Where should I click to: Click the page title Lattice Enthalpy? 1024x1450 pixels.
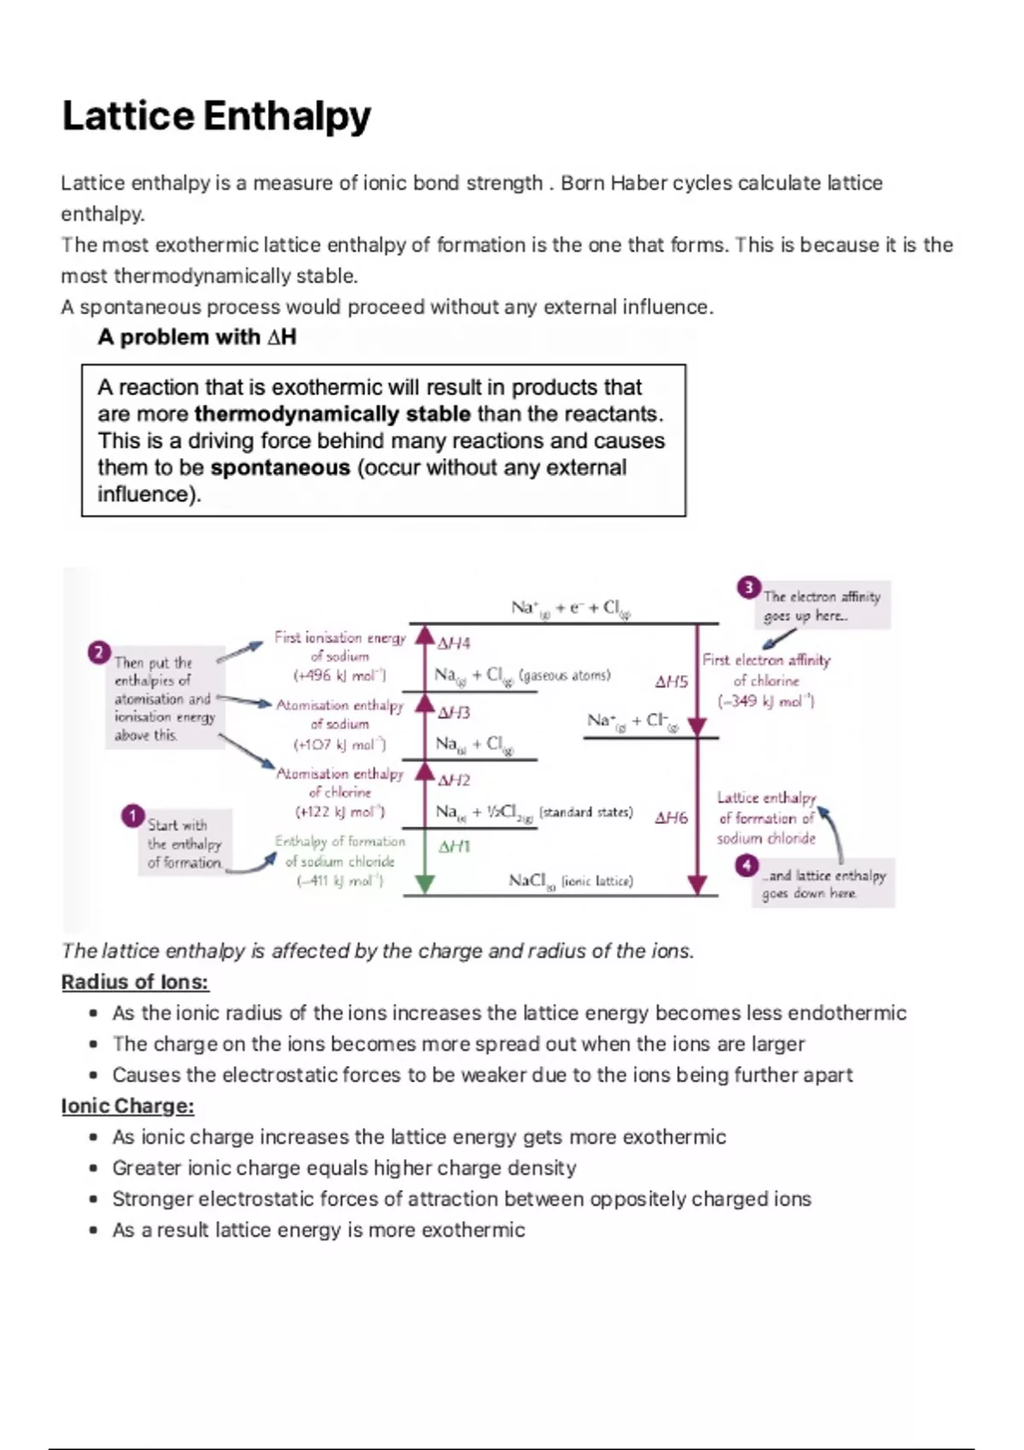coord(217,117)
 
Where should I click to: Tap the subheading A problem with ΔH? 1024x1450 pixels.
coord(197,337)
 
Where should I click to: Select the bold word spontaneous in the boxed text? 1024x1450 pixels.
coord(280,467)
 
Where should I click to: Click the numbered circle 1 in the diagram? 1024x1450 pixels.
coord(132,816)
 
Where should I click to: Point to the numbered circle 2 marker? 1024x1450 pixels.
coord(99,653)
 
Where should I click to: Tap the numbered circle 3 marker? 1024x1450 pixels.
coord(748,587)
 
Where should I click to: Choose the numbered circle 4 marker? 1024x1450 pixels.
coord(747,866)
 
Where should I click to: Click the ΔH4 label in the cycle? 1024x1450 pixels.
coord(453,643)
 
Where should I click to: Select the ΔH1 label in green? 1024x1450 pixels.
coord(454,847)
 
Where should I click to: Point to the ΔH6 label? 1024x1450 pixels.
coord(671,818)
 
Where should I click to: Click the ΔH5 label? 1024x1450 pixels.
coord(671,681)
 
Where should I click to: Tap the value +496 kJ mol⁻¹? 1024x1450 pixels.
coord(340,676)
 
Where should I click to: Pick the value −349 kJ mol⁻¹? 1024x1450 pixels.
coord(766,701)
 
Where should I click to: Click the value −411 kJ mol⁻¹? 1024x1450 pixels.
coord(340,881)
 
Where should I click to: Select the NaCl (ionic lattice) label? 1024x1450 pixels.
coord(570,880)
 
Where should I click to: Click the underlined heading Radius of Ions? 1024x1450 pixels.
coord(135,982)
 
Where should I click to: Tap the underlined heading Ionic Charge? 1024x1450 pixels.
coord(128,1105)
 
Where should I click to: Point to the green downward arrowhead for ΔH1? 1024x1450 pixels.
coord(424,884)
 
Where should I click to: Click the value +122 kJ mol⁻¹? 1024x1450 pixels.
coord(340,812)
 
